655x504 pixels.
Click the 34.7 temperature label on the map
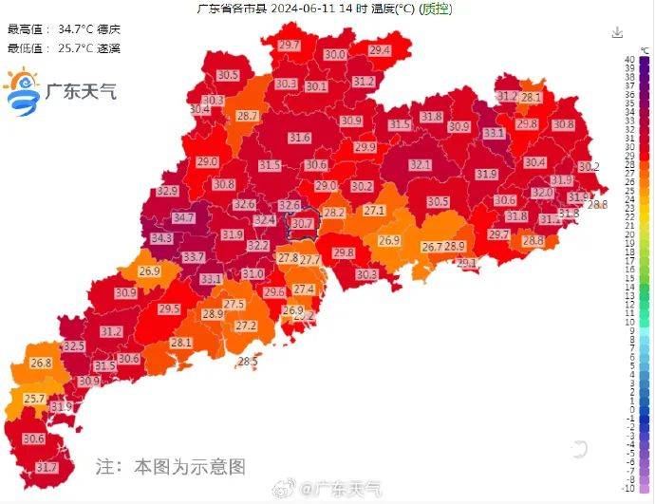[183, 218]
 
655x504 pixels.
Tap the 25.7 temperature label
[35, 399]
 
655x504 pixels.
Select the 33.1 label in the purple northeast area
[494, 134]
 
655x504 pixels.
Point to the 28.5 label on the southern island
[248, 362]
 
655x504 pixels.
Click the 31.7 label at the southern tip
[47, 468]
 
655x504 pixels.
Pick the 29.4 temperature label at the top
[380, 50]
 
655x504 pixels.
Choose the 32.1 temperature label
[421, 165]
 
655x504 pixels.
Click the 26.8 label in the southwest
[41, 363]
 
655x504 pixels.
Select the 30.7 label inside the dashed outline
[302, 224]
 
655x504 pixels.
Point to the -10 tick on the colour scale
[629, 488]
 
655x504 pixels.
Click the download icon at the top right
[618, 32]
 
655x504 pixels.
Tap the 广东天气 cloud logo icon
[21, 91]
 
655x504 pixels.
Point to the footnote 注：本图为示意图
[171, 466]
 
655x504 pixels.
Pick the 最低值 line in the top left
[65, 47]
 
